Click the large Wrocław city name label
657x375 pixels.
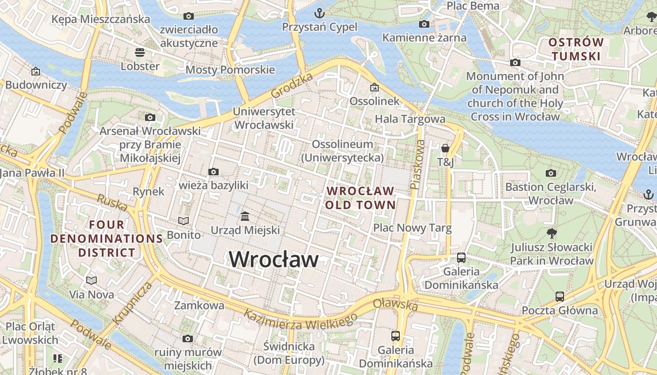[x=274, y=259]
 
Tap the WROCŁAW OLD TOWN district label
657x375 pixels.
[x=360, y=198]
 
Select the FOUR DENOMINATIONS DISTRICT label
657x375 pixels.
[x=107, y=239]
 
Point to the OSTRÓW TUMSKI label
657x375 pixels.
[x=576, y=49]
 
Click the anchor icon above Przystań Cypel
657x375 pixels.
[x=320, y=13]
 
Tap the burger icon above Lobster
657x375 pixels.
[x=140, y=52]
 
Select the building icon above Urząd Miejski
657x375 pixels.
[x=245, y=216]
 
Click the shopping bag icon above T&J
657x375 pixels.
[x=445, y=148]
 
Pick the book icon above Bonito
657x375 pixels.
[x=183, y=221]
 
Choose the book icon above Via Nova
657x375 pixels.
[x=92, y=280]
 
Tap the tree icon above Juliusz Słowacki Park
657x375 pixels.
[x=552, y=233]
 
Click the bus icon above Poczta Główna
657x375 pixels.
[x=560, y=296]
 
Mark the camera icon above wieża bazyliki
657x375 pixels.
[x=214, y=172]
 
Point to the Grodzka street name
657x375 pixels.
[x=292, y=87]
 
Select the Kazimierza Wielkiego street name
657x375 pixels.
[x=300, y=321]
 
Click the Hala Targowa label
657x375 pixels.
[x=410, y=119]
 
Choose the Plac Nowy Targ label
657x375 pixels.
[x=412, y=228]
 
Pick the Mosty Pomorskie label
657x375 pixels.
[x=230, y=70]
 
